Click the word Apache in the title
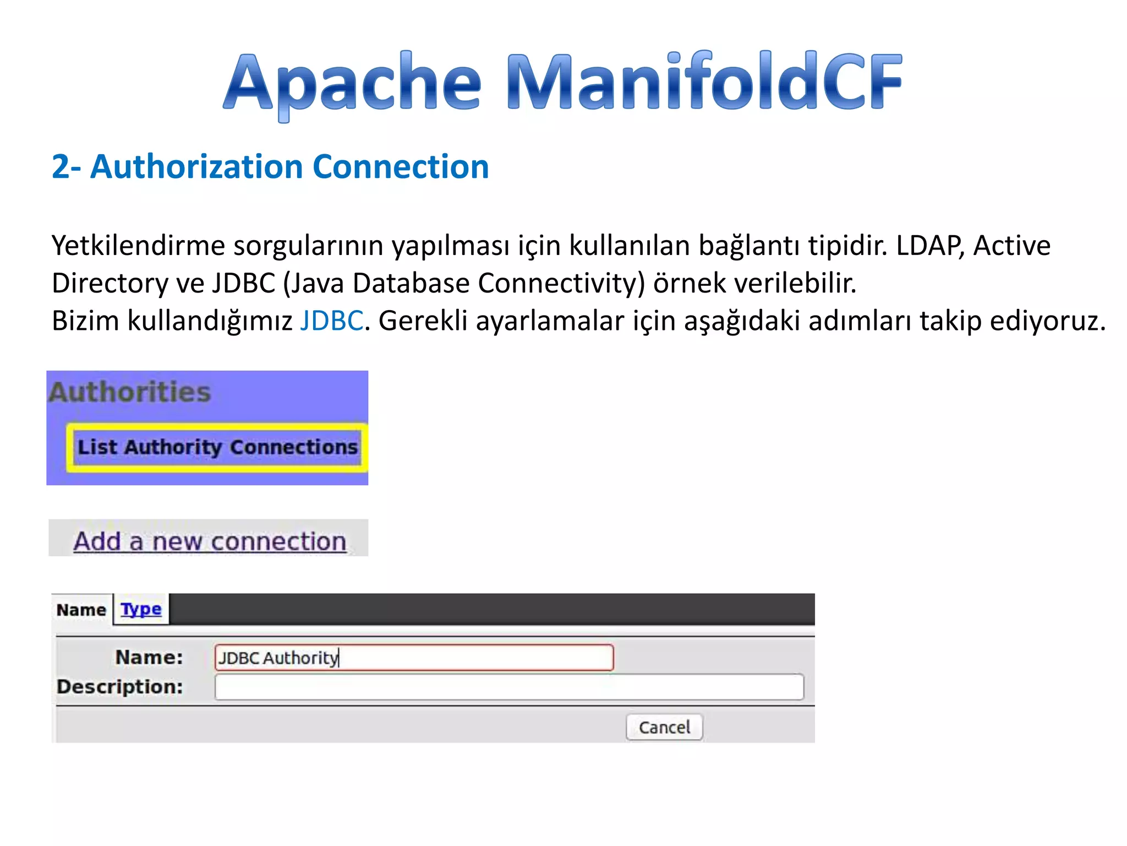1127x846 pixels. point(352,83)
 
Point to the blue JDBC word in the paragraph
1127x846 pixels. point(331,321)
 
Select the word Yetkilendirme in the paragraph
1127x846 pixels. point(138,246)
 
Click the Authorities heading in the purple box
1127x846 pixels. point(130,392)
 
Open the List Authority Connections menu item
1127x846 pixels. point(217,447)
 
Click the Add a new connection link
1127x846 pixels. point(210,541)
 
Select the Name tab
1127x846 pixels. point(81,610)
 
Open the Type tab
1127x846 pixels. point(141,609)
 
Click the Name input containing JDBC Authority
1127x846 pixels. point(414,658)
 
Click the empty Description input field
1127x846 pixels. point(509,687)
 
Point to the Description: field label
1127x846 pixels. point(120,687)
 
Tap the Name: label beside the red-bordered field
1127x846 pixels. point(149,657)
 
